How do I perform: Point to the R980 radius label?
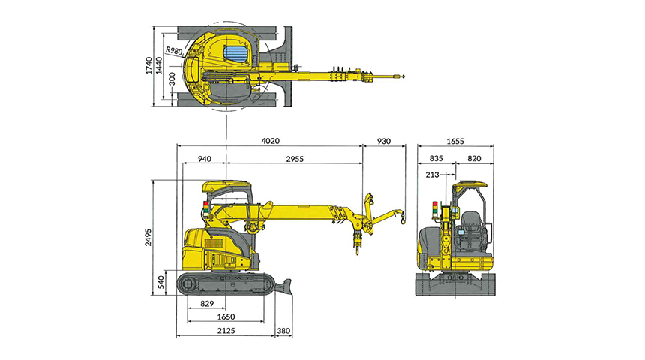(174, 50)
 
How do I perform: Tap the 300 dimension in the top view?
(172, 79)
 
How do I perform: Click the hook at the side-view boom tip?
(402, 220)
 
